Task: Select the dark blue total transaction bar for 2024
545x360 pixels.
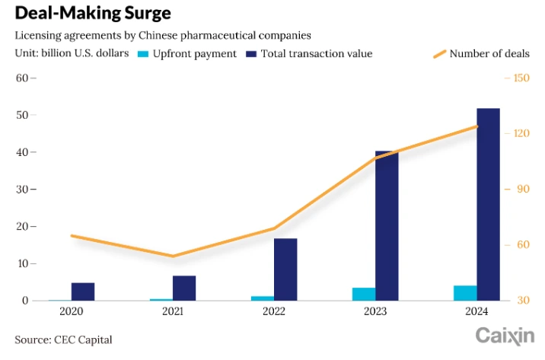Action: pyautogui.click(x=488, y=204)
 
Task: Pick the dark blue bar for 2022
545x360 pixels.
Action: pyautogui.click(x=285, y=269)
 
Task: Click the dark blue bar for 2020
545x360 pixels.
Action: pyautogui.click(x=83, y=292)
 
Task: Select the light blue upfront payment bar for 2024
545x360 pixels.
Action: pyautogui.click(x=465, y=293)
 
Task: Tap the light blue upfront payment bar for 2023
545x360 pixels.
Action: pyautogui.click(x=364, y=294)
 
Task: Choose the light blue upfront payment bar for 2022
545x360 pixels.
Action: pyautogui.click(x=263, y=298)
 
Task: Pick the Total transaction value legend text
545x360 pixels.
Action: pyautogui.click(x=316, y=54)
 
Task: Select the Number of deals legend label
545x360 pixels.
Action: pyautogui.click(x=489, y=54)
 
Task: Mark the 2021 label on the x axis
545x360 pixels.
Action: pyautogui.click(x=172, y=312)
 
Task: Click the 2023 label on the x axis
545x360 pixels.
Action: pyautogui.click(x=375, y=312)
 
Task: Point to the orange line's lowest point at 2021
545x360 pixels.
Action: pyautogui.click(x=173, y=256)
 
